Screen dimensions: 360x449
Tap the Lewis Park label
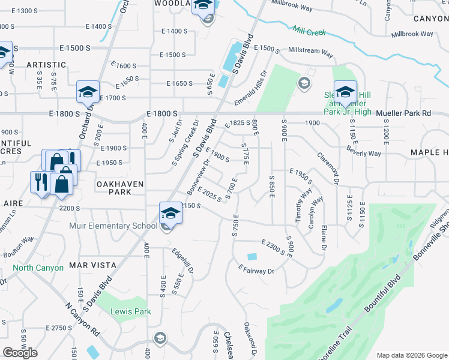point(131,311)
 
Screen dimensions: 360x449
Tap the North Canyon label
point(38,268)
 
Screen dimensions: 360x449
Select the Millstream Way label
point(310,52)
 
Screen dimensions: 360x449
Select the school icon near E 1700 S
point(88,93)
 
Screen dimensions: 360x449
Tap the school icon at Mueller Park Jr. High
point(345,92)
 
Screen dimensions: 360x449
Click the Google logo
point(20,352)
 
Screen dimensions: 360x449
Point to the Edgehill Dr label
point(182,262)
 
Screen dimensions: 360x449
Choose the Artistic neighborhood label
point(46,65)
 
